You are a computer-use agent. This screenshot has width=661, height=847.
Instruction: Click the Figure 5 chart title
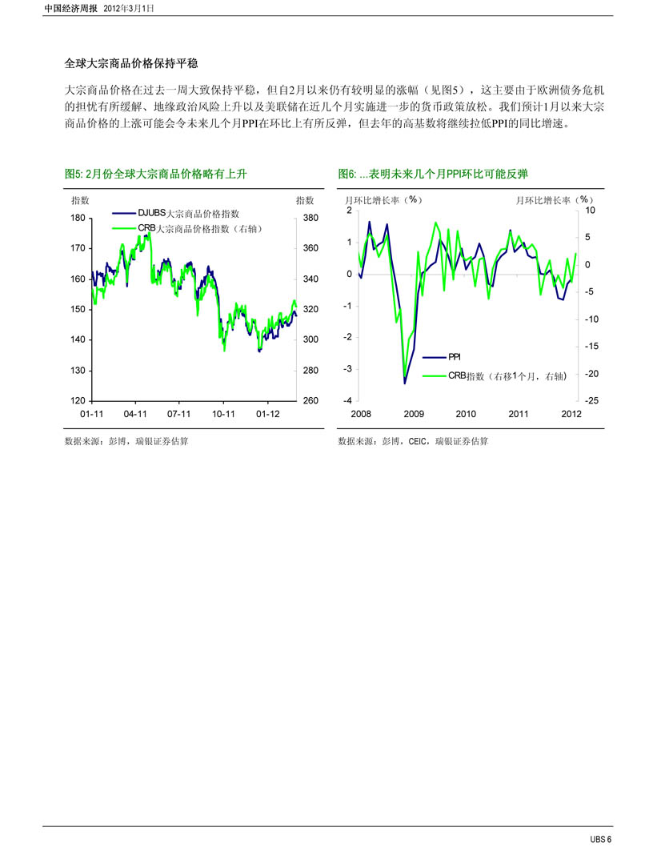155,174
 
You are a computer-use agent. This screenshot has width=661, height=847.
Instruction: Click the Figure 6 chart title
433,174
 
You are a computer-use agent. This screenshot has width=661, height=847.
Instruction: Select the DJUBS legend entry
176,214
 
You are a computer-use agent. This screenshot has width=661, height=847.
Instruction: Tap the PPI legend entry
441,357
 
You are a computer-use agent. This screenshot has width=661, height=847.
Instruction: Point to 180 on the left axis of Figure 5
78,219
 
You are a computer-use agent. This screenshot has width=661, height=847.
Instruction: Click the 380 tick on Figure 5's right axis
310,219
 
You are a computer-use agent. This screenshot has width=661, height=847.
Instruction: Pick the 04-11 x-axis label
135,414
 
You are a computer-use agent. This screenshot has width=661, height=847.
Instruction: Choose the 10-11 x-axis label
223,414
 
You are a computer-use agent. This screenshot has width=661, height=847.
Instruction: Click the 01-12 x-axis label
268,414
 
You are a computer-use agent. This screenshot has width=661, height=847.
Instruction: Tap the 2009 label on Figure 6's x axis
414,414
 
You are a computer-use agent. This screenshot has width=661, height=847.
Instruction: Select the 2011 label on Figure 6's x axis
519,414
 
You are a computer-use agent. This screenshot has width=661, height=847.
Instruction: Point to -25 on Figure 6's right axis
591,401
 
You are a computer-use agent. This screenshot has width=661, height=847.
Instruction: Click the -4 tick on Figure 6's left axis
347,401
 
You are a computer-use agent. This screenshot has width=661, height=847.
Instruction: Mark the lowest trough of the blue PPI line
405,383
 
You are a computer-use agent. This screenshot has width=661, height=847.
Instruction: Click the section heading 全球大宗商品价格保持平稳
131,64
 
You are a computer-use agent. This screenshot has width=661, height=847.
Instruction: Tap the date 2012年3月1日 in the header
129,9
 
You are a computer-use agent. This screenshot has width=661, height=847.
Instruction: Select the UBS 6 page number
600,839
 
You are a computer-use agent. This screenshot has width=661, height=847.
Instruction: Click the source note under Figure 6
413,441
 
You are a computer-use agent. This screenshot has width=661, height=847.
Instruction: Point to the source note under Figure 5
126,441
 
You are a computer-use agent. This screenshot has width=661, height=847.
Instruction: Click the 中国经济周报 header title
70,9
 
